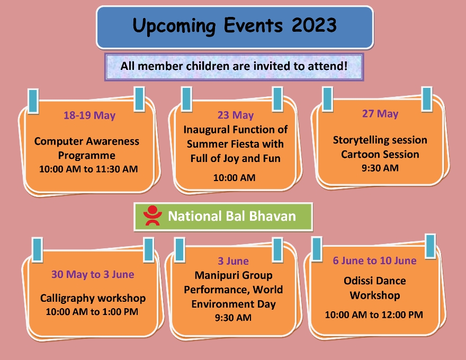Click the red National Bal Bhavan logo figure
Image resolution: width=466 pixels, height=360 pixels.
pyautogui.click(x=153, y=215)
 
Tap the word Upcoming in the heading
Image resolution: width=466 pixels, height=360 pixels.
pyautogui.click(x=174, y=26)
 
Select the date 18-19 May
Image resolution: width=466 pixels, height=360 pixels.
pyautogui.click(x=89, y=115)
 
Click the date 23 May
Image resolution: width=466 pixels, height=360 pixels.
pyautogui.click(x=236, y=115)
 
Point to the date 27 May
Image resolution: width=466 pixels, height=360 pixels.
pyautogui.click(x=380, y=113)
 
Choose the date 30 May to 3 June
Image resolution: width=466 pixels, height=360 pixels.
pyautogui.click(x=93, y=274)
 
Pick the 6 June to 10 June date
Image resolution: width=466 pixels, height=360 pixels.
pyautogui.click(x=374, y=260)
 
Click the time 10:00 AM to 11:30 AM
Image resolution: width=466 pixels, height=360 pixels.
pyautogui.click(x=88, y=169)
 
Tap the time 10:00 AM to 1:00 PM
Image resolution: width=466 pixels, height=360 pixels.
pyautogui.click(x=92, y=312)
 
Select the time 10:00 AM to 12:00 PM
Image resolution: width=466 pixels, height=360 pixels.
pyautogui.click(x=374, y=314)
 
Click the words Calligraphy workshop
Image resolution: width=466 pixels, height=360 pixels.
pyautogui.click(x=93, y=298)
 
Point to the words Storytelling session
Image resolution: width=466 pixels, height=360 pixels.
pyautogui.click(x=380, y=140)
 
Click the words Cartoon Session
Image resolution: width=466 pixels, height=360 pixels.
pyautogui.click(x=380, y=154)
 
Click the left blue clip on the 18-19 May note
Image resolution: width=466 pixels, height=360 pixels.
pyautogui.click(x=33, y=101)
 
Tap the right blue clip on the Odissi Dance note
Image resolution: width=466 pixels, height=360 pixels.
pyautogui.click(x=431, y=246)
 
